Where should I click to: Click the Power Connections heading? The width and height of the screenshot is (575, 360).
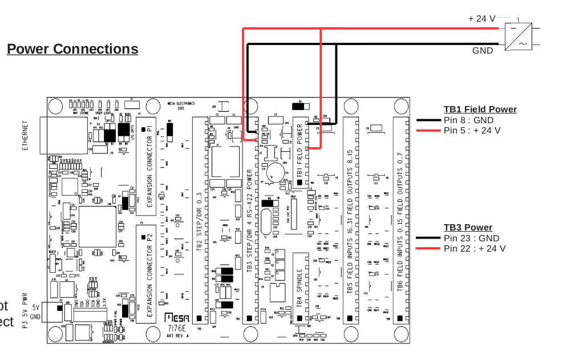coord(72,49)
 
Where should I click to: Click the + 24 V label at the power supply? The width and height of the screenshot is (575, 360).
coord(482,18)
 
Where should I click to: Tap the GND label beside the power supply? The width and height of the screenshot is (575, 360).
coord(483,51)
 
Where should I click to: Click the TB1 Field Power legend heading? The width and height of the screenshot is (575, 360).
coord(480,110)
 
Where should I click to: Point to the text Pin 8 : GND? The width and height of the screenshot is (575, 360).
coord(468,120)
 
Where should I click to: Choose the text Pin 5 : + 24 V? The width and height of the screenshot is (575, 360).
coord(472,131)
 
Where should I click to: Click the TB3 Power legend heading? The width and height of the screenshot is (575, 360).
coord(468,228)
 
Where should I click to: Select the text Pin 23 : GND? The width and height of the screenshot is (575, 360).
coord(471,238)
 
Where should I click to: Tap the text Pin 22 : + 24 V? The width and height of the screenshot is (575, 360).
coord(475,249)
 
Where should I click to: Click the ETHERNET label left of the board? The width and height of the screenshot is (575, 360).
coord(25,135)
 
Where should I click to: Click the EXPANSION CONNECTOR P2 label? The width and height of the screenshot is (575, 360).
coord(149,272)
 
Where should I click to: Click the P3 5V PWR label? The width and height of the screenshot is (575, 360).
coord(25,310)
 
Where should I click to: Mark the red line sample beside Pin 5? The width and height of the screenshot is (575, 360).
coord(428,131)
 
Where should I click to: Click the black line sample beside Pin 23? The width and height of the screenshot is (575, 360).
coord(428,238)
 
